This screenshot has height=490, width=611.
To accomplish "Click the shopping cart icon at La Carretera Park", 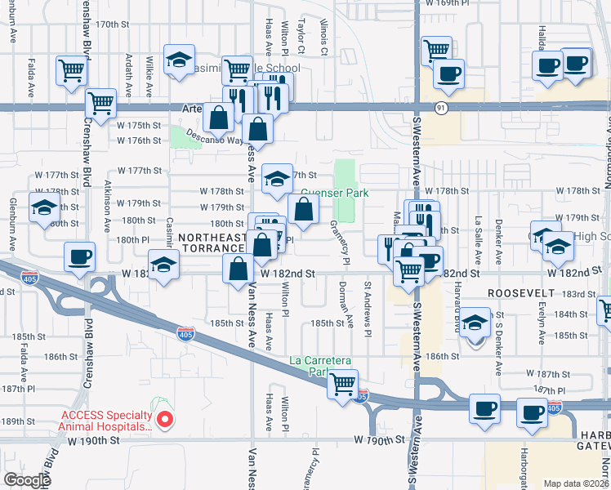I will click(343, 382).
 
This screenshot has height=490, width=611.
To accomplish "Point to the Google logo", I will click(27, 480).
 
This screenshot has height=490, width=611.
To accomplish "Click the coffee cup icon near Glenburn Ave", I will click(80, 257).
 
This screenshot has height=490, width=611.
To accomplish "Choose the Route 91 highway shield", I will click(441, 107).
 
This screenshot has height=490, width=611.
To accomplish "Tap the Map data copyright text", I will click(575, 483).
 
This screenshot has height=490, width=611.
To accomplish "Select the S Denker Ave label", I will click(498, 347).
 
